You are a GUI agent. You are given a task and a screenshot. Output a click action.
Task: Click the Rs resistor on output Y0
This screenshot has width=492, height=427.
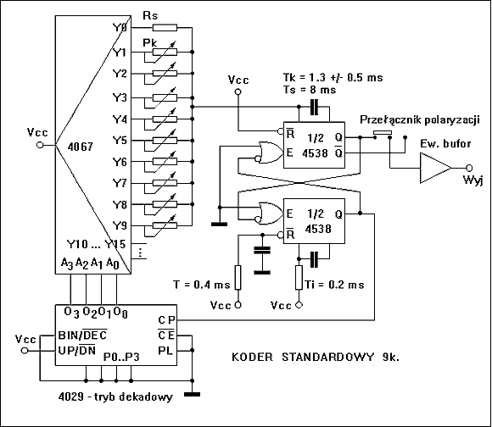165,28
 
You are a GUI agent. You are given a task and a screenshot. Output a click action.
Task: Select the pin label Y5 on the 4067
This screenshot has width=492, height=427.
120,141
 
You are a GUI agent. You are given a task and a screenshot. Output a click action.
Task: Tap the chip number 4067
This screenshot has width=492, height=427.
81,147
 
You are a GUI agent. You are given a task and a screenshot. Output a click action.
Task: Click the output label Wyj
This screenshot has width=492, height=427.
473,180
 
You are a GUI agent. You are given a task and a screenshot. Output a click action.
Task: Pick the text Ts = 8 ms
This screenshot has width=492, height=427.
310,90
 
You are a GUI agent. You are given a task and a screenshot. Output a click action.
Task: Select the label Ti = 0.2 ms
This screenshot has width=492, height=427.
334,285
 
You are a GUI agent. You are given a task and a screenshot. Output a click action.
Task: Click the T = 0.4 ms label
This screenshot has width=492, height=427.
201,285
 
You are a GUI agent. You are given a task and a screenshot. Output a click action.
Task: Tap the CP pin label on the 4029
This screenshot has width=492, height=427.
166,320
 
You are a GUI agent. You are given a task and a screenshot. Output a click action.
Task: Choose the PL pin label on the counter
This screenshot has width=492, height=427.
165,350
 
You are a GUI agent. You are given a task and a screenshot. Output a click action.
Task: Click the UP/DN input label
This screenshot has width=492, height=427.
77,350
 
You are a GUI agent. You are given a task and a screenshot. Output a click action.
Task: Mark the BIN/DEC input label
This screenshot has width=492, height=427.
82,335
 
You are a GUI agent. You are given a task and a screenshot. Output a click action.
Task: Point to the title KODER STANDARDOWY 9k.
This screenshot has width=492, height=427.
316,357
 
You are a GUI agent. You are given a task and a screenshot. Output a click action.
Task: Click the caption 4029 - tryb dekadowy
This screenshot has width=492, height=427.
115,396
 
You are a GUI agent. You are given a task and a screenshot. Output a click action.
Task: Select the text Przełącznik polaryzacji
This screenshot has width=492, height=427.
420,120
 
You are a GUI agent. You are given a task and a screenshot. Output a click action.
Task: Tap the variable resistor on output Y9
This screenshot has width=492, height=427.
165,225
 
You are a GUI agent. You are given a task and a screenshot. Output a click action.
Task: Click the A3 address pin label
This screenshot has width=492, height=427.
67,263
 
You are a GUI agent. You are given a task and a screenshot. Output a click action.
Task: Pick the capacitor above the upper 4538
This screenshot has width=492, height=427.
314,107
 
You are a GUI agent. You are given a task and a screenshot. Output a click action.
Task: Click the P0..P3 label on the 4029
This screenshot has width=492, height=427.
121,357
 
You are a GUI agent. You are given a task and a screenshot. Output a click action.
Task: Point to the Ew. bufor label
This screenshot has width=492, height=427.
445,144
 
